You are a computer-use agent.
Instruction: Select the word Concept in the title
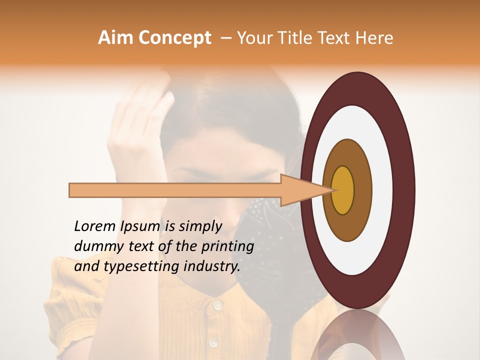tap(175, 38)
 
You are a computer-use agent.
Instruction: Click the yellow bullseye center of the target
tap(342, 190)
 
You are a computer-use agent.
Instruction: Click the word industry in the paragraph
tap(210, 266)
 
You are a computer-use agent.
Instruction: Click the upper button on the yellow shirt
tap(217, 304)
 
